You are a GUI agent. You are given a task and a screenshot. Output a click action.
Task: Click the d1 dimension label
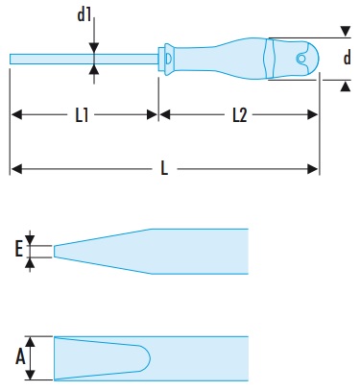84,15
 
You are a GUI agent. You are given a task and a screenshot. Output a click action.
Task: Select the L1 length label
82,115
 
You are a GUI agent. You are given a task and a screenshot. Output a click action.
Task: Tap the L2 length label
240,115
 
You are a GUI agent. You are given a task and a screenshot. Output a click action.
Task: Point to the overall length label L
164,168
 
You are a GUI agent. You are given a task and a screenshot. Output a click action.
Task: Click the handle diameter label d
347,58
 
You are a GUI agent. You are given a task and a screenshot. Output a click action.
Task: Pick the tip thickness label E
19,249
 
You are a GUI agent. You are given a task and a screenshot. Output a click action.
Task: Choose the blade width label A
20,357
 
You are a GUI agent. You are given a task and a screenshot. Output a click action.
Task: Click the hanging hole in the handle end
301,59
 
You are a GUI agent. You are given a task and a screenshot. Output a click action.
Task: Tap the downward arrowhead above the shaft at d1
94,48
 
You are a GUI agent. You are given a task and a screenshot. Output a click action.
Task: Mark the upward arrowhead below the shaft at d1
94,69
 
